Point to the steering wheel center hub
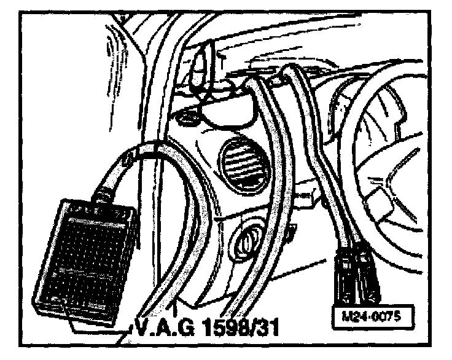pyautogui.click(x=393, y=184)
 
